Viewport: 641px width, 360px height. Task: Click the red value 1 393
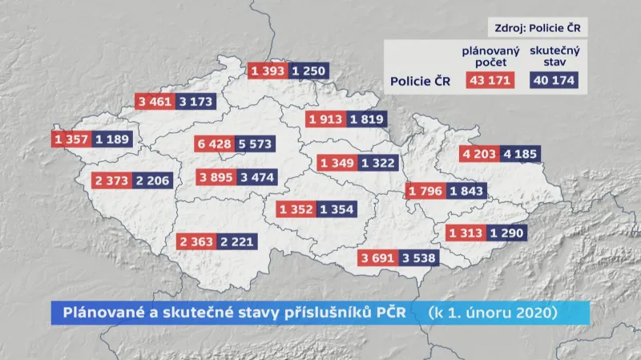268,71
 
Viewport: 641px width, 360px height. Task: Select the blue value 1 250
308,71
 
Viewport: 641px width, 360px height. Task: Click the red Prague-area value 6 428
215,144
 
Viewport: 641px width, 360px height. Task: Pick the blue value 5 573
255,144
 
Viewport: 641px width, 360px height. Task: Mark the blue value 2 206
152,180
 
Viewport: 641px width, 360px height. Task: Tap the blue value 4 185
519,155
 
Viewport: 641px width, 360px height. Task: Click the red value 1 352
296,209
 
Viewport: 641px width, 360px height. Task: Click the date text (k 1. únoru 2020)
491,311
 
